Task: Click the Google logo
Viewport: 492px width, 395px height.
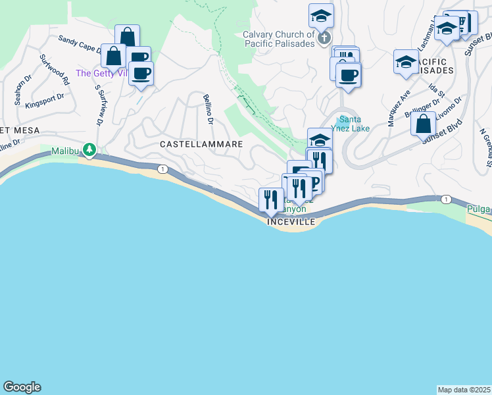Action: pyautogui.click(x=22, y=387)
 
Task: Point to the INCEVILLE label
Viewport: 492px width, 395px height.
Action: pyautogui.click(x=291, y=223)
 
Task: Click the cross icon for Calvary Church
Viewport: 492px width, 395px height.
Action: pyautogui.click(x=324, y=39)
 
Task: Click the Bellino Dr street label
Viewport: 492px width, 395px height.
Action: pyautogui.click(x=209, y=109)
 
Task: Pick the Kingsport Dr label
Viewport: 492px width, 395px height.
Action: pyautogui.click(x=44, y=100)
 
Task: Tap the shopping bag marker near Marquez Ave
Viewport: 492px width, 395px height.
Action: pyautogui.click(x=423, y=122)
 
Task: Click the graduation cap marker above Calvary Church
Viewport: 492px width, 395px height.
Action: pyautogui.click(x=321, y=14)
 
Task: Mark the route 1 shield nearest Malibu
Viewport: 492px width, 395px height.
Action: pyautogui.click(x=162, y=169)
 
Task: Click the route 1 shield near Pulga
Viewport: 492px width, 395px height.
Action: pyautogui.click(x=446, y=199)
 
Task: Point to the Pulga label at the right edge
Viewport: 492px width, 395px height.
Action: pyautogui.click(x=479, y=209)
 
